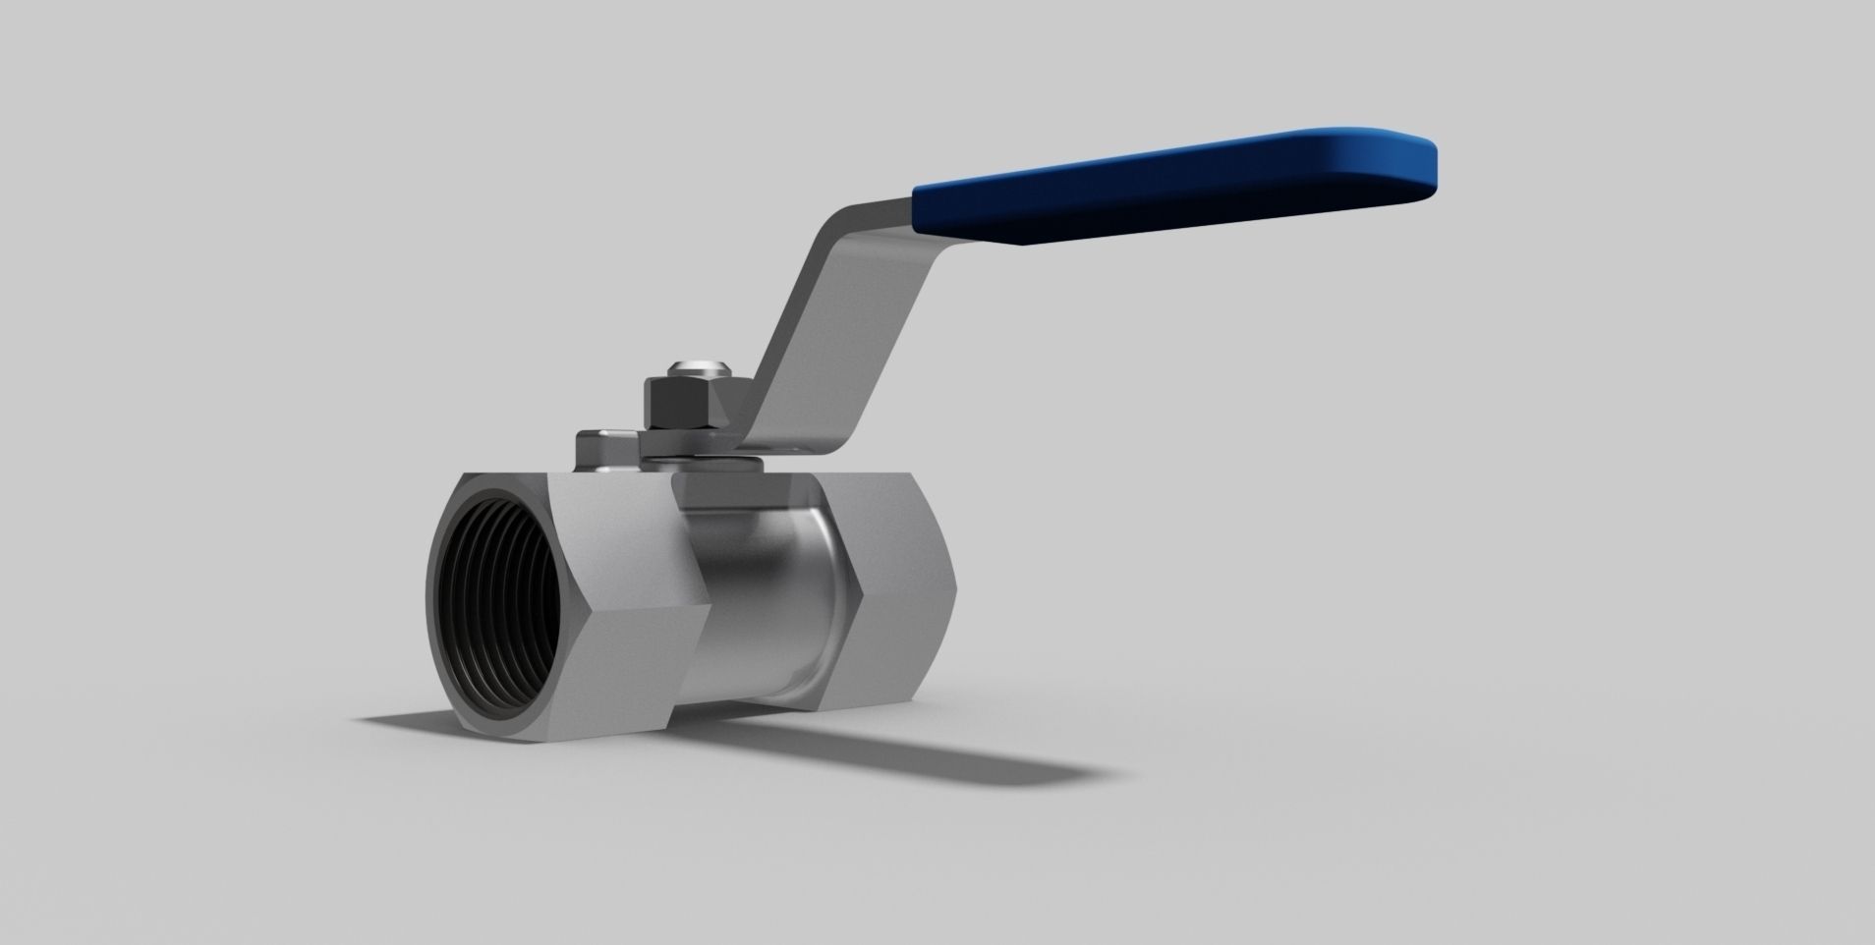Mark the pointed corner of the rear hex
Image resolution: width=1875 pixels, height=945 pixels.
coord(861,595)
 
